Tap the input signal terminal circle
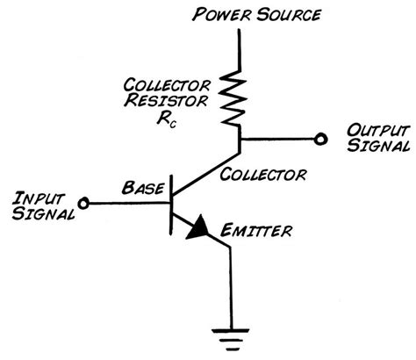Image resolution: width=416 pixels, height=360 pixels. [x=84, y=203]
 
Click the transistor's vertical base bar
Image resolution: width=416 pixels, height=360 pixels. [x=171, y=203]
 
